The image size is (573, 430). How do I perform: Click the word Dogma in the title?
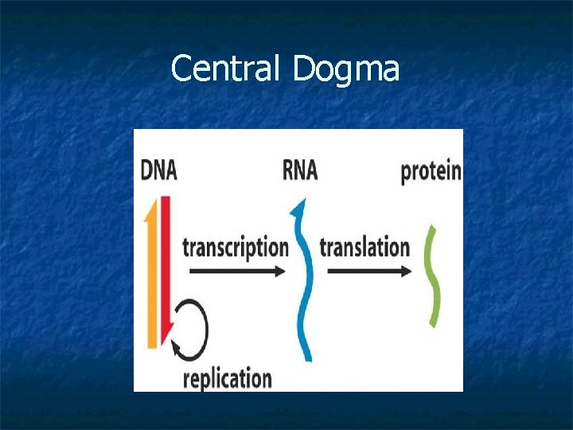coord(345,71)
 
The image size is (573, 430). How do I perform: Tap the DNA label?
coord(158,170)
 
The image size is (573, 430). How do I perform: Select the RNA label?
coord(299,170)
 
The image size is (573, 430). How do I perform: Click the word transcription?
coord(235,247)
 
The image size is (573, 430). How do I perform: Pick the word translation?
coord(364,247)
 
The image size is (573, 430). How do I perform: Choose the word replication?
coord(227,377)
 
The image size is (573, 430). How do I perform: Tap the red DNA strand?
coord(165,263)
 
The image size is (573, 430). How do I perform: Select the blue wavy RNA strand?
coord(305,287)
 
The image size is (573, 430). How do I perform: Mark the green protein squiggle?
coord(433,275)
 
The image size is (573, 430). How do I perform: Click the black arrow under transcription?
coord(236,272)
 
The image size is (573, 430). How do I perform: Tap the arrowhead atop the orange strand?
coord(151,209)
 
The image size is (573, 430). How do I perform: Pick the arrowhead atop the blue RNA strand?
coord(298,209)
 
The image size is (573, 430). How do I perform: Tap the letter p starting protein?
coord(406,174)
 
